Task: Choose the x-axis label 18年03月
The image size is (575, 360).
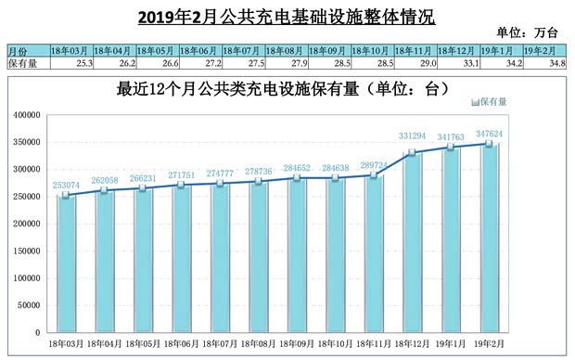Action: [x=67, y=343]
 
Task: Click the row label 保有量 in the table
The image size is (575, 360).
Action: [x=22, y=63]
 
